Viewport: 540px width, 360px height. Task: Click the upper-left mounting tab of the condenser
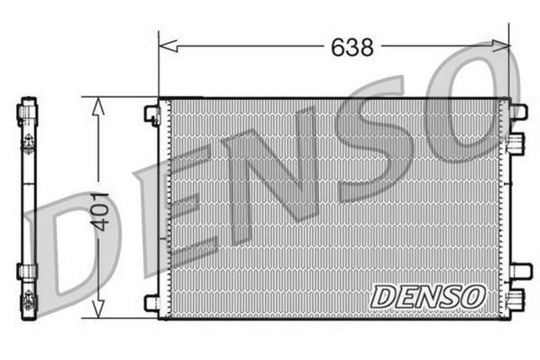[x=152, y=114]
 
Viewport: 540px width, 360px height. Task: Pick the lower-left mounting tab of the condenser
[x=152, y=302]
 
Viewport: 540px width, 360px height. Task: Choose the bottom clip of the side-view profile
[x=28, y=271]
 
